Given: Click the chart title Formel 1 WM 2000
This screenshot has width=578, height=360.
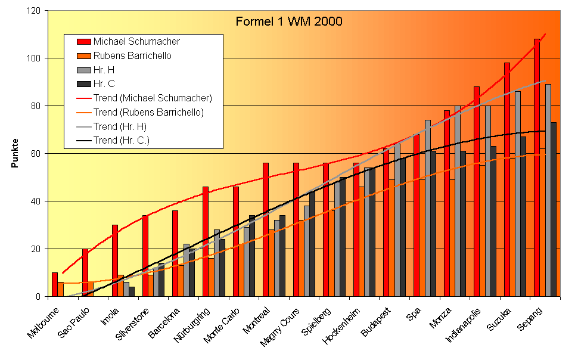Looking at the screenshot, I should click(x=288, y=21).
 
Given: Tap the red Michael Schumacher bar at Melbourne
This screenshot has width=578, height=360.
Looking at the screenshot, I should click(x=55, y=284).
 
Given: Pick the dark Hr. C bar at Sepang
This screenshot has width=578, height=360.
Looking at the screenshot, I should click(x=554, y=209).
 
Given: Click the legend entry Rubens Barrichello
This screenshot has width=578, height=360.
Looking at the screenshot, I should click(x=132, y=55).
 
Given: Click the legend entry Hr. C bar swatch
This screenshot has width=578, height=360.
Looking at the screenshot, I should click(x=83, y=83).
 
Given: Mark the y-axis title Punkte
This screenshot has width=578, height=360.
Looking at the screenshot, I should click(x=15, y=153).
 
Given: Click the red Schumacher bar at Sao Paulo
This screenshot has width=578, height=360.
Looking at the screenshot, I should click(x=85, y=272).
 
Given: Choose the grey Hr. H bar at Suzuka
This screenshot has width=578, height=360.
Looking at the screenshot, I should click(x=518, y=194).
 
